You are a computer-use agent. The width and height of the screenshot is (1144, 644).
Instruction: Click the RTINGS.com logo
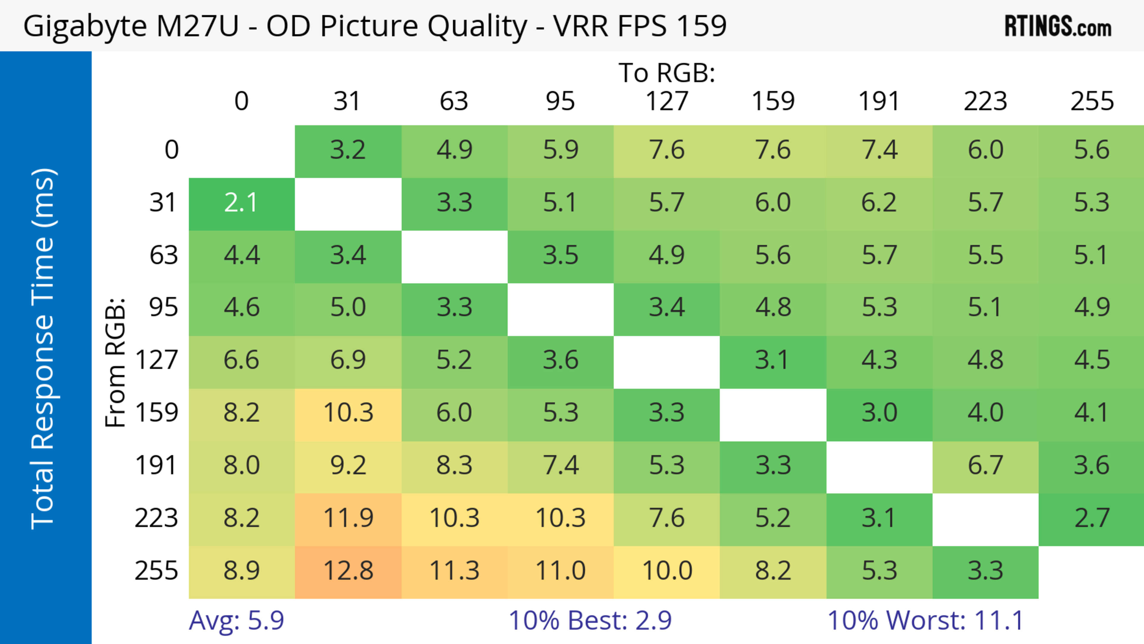pos(1058,26)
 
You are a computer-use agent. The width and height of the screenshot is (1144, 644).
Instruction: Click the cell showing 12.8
pos(348,571)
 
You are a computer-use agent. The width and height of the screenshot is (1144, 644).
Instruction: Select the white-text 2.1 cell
pos(242,203)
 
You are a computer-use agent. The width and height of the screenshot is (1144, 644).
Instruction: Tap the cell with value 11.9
pos(348,518)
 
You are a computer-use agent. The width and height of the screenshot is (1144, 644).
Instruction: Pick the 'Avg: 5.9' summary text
pos(236,620)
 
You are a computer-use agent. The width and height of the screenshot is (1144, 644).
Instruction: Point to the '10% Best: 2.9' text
pos(590,620)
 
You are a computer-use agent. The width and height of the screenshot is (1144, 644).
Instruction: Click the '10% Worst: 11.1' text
pos(926,620)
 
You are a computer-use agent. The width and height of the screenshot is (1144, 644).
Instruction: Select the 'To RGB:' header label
pos(667,72)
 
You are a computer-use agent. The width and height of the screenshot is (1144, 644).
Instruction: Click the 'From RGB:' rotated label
pos(115,362)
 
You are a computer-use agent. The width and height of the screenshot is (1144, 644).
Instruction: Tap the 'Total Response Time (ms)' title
pos(43,349)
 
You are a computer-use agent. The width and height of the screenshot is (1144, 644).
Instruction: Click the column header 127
pos(667,101)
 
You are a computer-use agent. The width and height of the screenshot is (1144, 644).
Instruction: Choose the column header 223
pos(986,101)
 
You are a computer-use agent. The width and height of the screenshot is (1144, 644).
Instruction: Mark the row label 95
pos(164,307)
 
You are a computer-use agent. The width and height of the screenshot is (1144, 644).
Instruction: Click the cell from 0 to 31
pos(348,150)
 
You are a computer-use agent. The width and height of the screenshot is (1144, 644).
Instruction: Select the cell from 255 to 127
pos(667,571)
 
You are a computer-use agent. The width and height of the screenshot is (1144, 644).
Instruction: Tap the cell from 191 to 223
pos(986,465)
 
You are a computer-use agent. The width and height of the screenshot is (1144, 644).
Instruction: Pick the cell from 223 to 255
pos(1092,518)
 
